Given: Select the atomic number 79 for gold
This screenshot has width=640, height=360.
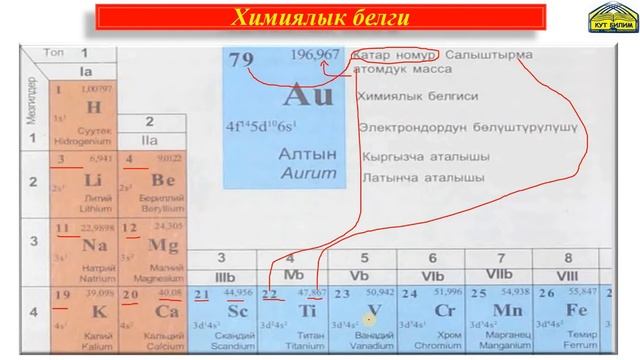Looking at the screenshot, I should click(242, 60).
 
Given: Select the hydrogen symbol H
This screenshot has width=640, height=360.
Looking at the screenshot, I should click(94, 107).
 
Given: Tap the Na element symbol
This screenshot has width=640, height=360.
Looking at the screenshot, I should click(96, 246).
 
